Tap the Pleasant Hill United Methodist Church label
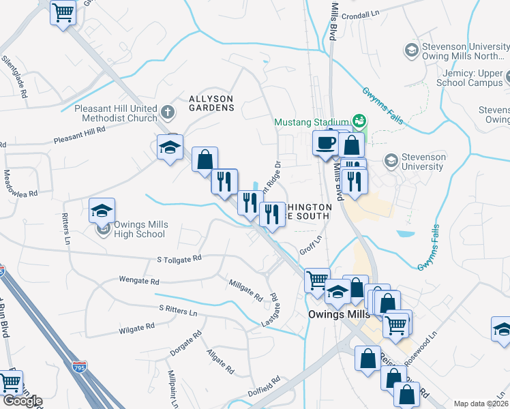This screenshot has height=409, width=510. (x=115, y=113)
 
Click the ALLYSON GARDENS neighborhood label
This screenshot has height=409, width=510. (x=211, y=103)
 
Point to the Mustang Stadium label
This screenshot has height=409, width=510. (x=311, y=122)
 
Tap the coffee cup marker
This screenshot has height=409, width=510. (x=325, y=143)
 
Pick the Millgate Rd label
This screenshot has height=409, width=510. (x=246, y=290)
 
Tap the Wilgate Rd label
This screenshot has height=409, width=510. (x=132, y=329)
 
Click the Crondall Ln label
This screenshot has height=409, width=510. (x=361, y=13)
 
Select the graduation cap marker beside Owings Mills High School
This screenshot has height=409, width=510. (x=102, y=210)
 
